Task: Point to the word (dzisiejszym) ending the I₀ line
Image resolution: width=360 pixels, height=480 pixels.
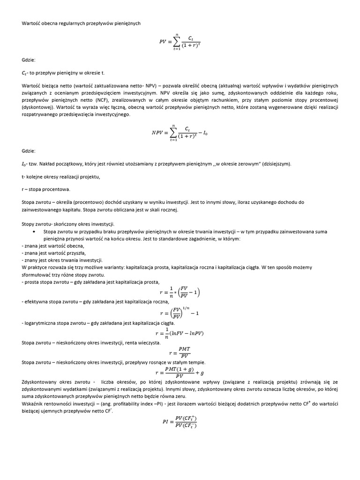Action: [x=276, y=164]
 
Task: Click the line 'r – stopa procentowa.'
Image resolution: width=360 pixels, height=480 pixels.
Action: [x=46, y=189]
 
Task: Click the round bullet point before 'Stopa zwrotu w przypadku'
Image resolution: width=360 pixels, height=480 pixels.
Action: [x=34, y=232]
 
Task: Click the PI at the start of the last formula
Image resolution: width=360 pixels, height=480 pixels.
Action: [x=165, y=421]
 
